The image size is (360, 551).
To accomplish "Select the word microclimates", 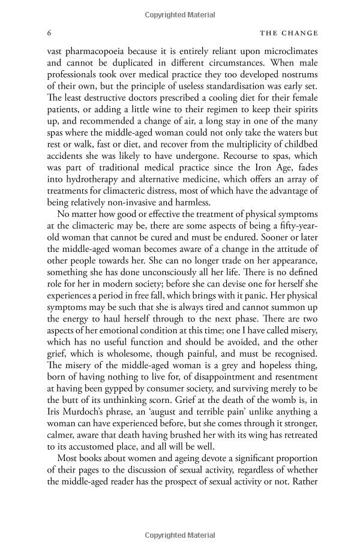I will [x=284, y=53].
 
